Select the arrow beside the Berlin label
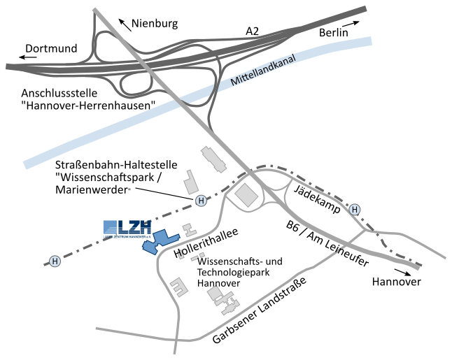355,23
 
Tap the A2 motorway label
253,31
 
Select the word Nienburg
155,24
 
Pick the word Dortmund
50,50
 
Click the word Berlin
333,33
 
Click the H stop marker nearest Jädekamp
355,209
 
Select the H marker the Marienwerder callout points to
202,201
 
